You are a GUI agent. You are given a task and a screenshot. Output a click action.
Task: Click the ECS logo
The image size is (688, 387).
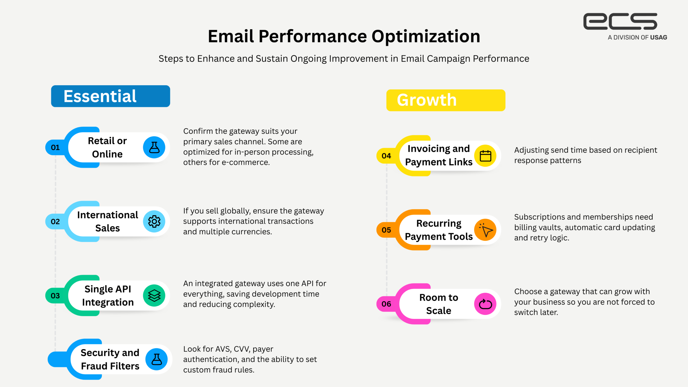pos(620,21)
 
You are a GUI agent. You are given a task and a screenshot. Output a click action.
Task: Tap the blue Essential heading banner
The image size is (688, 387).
pos(110,96)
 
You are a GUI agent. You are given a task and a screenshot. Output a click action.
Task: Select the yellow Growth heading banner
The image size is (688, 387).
pos(446,100)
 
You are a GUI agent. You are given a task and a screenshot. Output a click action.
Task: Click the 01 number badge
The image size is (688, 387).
pos(55,147)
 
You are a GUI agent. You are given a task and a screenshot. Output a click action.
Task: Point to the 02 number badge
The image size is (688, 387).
pos(55,221)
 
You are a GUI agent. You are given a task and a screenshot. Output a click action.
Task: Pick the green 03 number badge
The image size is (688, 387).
pos(55,296)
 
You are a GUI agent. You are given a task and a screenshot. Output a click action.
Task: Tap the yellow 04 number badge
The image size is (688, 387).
pos(386,156)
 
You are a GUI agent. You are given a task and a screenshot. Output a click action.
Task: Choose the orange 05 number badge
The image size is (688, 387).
pos(386,230)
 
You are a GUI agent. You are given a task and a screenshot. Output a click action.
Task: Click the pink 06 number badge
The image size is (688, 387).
pos(386,304)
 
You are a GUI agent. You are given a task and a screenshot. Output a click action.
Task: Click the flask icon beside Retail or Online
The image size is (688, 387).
pos(154,147)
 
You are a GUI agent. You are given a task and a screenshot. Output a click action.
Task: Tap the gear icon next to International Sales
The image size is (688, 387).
pos(154,221)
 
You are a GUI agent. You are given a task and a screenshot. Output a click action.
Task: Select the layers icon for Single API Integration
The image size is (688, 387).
pos(154,296)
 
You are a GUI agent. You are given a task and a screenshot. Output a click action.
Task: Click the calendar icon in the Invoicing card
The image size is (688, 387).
pos(485,156)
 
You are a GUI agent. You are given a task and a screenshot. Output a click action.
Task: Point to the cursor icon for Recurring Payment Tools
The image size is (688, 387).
pos(485,230)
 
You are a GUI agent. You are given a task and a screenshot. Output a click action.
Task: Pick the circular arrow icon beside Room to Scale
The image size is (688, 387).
pos(485,304)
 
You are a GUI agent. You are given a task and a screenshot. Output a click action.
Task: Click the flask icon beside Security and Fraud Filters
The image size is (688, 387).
pos(157,359)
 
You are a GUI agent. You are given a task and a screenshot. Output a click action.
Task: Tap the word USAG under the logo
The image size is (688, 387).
pos(659,38)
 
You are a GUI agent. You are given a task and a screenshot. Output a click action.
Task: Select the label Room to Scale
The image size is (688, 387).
pos(439,304)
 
